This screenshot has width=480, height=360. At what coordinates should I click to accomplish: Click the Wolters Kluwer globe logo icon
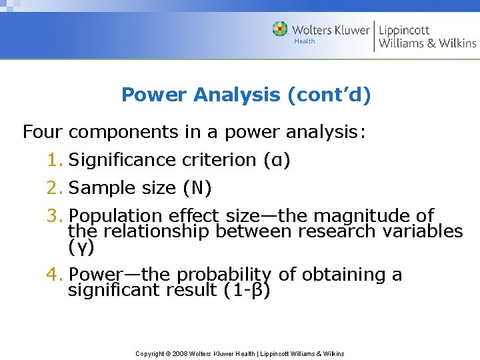tap(280, 29)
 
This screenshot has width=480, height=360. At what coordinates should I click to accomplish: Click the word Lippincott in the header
tap(404, 30)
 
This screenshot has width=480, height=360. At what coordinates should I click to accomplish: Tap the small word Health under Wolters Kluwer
tap(304, 41)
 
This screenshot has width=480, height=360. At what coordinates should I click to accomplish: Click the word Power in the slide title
tap(155, 95)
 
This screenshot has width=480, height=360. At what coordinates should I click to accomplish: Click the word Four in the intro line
tap(43, 132)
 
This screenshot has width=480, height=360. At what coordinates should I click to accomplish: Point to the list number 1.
tap(54, 160)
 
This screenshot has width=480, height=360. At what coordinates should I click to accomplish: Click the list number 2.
tap(54, 188)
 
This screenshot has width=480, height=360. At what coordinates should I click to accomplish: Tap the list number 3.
tap(54, 216)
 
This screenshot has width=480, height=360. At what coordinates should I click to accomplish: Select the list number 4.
tap(54, 275)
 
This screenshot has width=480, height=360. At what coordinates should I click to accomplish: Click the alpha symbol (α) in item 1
tap(276, 160)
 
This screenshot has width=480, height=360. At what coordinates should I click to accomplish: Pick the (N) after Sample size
tap(197, 188)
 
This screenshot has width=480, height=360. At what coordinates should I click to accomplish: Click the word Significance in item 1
tap(123, 160)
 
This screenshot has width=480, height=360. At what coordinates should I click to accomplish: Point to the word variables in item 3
tap(428, 231)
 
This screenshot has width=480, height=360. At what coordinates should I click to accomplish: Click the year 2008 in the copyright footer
tap(179, 353)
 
